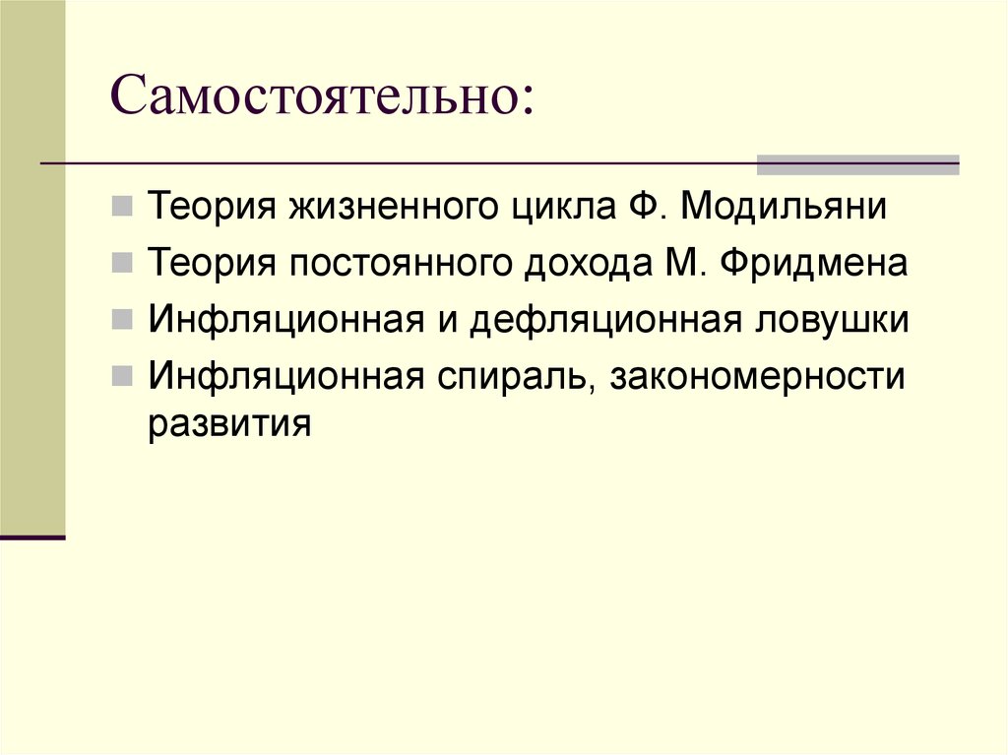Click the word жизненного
[397, 208]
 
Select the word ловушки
[823, 321]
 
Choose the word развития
[230, 426]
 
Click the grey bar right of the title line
[856, 164]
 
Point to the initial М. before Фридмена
[669, 265]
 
